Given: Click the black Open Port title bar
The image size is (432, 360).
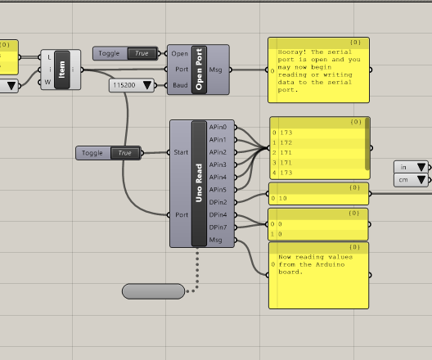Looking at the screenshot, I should coord(198,70).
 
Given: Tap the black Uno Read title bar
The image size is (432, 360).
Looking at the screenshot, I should coord(199,183).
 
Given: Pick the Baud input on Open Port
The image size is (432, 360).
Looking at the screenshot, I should coord(179,84).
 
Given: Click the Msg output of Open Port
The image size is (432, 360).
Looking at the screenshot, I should coord(216,70).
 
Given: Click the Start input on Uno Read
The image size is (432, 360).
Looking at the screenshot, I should coord(181,153).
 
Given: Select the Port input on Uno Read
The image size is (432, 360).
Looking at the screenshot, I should coord(181,215).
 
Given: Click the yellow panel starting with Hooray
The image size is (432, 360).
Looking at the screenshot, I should coord(318,70).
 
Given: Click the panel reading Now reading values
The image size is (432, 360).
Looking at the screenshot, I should coord(318,274).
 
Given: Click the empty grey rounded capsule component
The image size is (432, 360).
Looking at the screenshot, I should coord(153,291).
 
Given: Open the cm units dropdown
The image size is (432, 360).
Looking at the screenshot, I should coord(412,180).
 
